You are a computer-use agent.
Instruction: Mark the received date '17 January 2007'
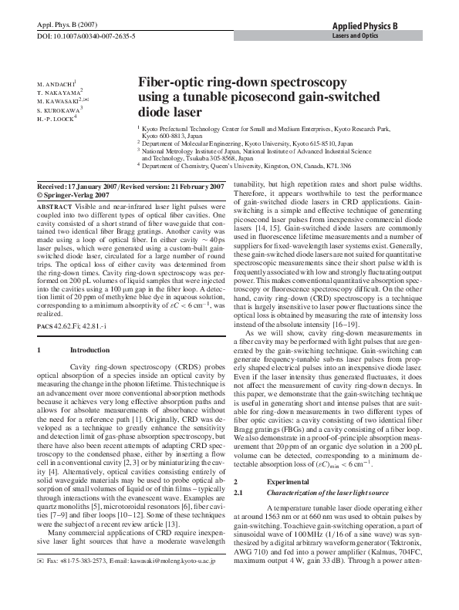[100, 187]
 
